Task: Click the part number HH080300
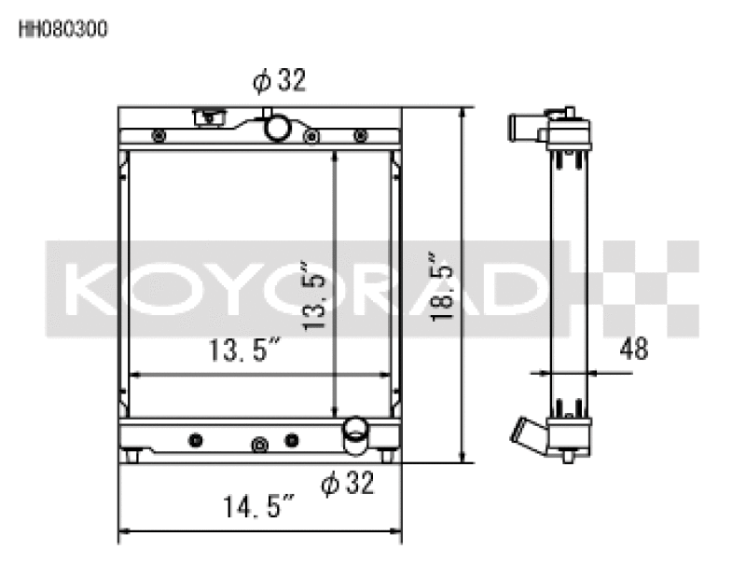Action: [63, 29]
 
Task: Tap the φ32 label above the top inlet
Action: [279, 82]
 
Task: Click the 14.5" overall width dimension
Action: [258, 509]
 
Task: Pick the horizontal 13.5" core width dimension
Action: [245, 351]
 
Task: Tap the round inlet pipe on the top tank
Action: [275, 127]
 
